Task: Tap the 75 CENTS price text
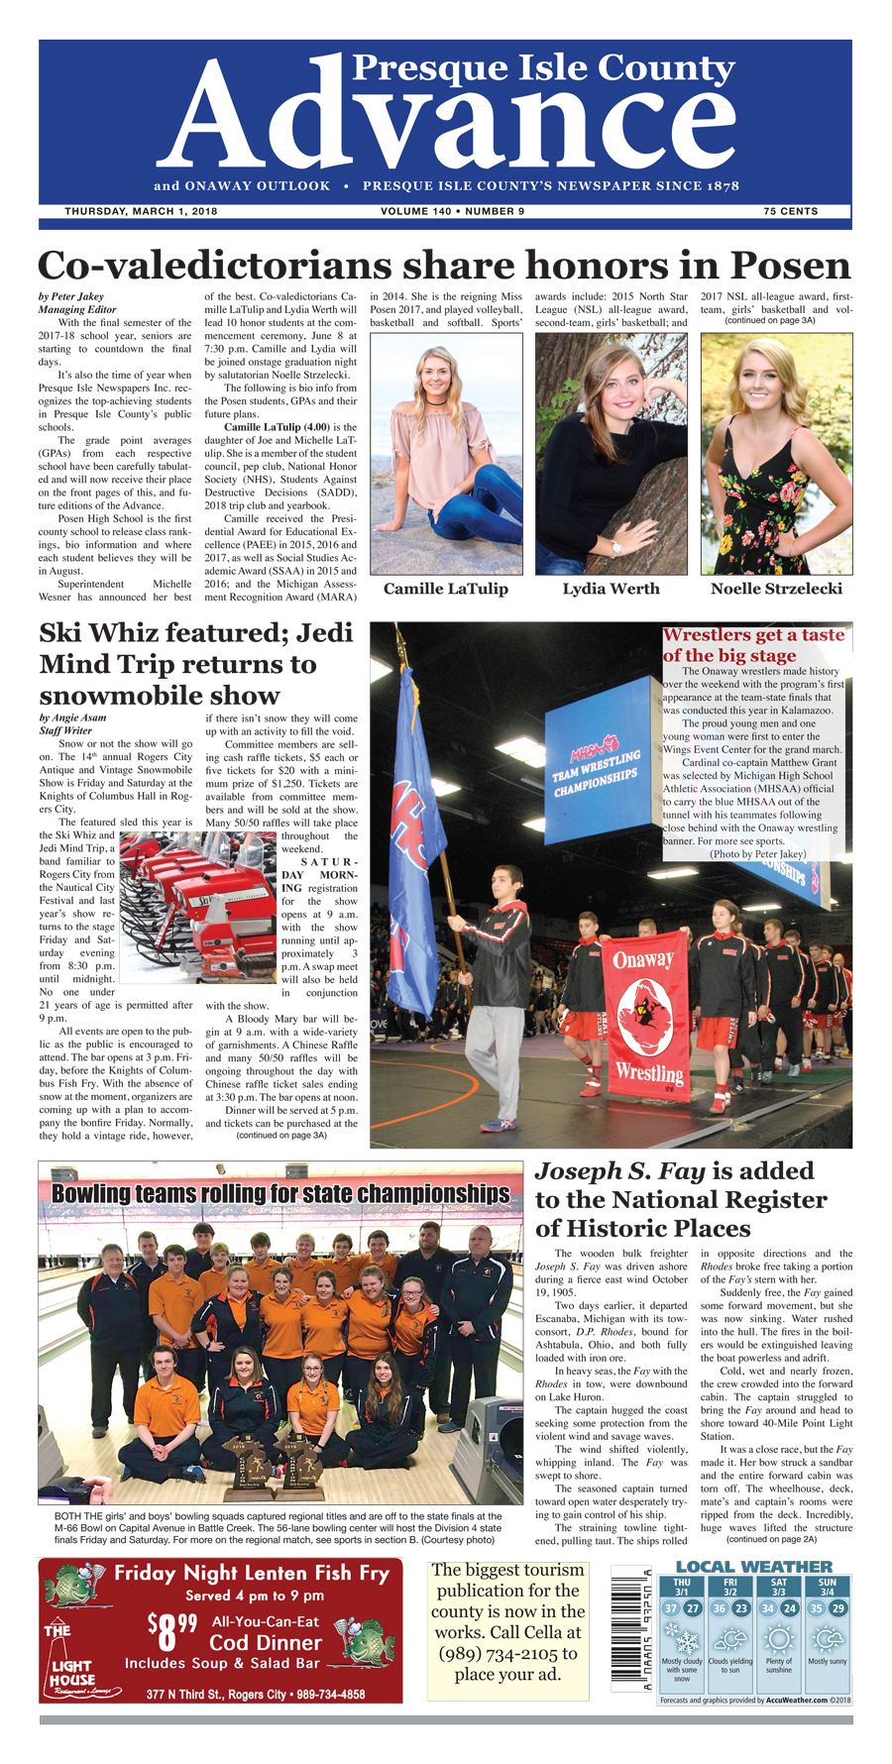tap(790, 211)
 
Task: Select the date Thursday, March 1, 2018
tap(141, 211)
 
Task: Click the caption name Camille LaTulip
tap(445, 589)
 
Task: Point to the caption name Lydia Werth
tap(611, 589)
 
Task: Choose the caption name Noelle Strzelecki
tap(776, 589)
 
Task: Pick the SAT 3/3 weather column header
tap(778, 1587)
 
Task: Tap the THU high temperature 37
tap(671, 1608)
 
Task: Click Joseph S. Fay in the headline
tap(619, 1171)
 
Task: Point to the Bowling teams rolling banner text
tap(280, 1193)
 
